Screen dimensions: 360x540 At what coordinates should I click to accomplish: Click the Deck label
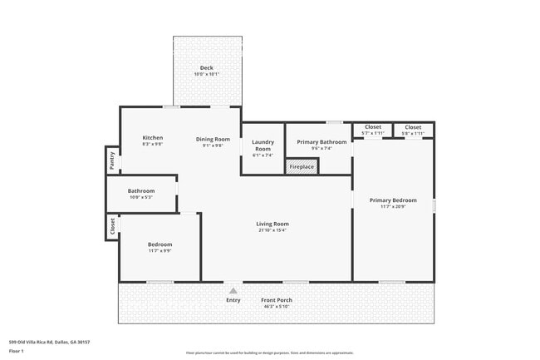pyautogui.click(x=208, y=67)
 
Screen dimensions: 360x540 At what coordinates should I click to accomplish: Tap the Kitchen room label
pyautogui.click(x=152, y=138)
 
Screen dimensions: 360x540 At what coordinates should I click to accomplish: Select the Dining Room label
pyautogui.click(x=213, y=139)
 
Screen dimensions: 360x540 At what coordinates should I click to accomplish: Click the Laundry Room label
pyautogui.click(x=263, y=145)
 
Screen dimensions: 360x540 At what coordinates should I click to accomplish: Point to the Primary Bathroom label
pyautogui.click(x=321, y=142)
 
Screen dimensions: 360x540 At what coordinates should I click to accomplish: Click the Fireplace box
pyautogui.click(x=302, y=167)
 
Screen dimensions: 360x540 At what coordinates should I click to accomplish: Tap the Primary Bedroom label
pyautogui.click(x=393, y=200)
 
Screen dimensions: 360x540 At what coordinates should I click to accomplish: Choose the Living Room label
pyautogui.click(x=272, y=224)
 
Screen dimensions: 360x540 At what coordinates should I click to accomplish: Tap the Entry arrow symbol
pyautogui.click(x=233, y=290)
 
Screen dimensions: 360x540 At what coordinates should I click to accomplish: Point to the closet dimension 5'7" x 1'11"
pyautogui.click(x=373, y=133)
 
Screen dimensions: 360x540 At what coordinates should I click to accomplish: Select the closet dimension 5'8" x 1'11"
pyautogui.click(x=413, y=133)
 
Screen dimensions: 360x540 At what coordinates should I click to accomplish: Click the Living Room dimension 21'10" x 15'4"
pyautogui.click(x=272, y=230)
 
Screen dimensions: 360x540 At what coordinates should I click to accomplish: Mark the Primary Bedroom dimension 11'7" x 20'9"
pyautogui.click(x=393, y=207)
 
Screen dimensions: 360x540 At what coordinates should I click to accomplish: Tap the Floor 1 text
pyautogui.click(x=15, y=351)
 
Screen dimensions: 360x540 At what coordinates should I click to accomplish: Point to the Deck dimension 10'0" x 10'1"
pyautogui.click(x=208, y=74)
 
